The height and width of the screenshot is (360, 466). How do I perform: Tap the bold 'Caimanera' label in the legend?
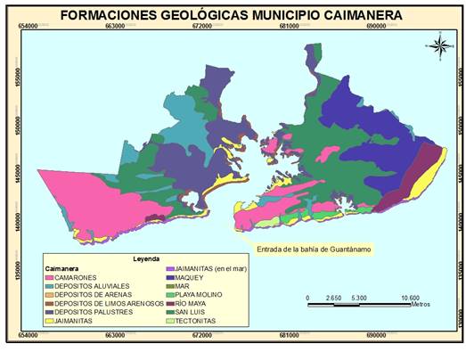[64, 268]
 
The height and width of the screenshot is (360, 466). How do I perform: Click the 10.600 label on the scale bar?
[411, 298]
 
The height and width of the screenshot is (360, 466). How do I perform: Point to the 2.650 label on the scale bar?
[332, 298]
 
